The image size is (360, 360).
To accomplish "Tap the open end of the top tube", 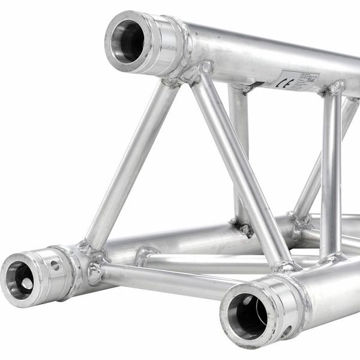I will pos(127,41).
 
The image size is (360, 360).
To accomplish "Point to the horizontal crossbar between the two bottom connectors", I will pos(162,280).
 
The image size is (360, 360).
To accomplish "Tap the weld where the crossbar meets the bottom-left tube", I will pos(94,273).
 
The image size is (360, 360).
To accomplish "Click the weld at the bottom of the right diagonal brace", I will pos(284,265).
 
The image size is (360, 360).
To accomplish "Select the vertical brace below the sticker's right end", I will pos(331,174).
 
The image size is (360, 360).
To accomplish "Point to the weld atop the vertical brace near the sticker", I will pos(334,90).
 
